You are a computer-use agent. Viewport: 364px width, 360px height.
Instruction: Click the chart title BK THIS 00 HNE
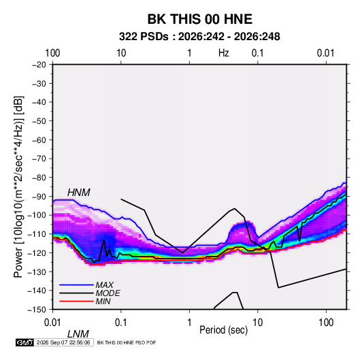[200, 19]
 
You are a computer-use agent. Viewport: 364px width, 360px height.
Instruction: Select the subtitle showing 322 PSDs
[199, 37]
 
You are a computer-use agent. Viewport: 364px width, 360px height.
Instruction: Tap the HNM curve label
[79, 193]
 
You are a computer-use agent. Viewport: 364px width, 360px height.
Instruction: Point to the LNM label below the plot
[78, 334]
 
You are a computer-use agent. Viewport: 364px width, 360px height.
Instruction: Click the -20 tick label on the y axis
[39, 65]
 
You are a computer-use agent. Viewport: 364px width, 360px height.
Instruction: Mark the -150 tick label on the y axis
[37, 310]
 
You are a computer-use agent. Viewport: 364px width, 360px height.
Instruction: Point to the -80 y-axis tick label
[39, 178]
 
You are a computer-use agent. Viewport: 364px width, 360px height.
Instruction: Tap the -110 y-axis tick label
[37, 234]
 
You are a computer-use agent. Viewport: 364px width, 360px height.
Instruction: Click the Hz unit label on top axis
[224, 53]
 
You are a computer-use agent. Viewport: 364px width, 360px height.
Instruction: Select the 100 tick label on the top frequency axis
[52, 53]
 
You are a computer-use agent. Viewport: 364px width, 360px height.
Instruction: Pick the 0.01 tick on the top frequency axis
[326, 53]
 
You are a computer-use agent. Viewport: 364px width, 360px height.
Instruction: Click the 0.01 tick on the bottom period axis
[52, 323]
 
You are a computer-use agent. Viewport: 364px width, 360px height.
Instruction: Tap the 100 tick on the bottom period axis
[326, 323]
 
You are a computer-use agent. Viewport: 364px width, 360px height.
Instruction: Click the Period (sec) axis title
[224, 330]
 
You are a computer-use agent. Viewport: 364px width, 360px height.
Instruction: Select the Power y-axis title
[18, 186]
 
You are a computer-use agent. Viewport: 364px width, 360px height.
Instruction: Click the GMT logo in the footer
[25, 342]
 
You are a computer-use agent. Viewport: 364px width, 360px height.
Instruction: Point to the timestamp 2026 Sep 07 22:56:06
[63, 342]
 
